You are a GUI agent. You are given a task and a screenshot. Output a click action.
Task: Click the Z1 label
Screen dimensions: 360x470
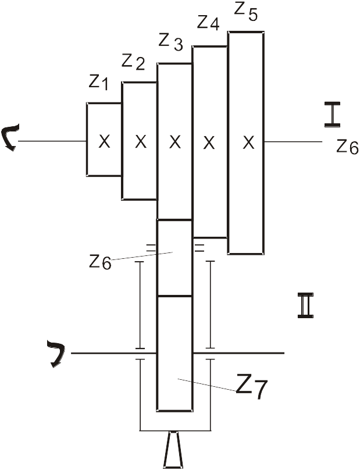[x=98, y=83]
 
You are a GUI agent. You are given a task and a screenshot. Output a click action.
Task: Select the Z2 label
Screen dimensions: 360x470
[x=133, y=62]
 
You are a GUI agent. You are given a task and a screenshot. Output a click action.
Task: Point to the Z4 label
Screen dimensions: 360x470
[x=208, y=23]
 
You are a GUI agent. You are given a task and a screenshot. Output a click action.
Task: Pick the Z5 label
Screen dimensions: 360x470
[x=245, y=12]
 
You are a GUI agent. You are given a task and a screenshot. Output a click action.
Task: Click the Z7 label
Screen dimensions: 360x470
[x=251, y=387]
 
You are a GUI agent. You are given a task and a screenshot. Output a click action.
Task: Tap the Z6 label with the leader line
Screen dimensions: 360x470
[x=100, y=262]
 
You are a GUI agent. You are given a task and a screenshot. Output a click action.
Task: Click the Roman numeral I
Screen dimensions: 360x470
[x=333, y=114]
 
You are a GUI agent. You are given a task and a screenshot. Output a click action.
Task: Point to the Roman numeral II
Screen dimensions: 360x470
[x=305, y=305]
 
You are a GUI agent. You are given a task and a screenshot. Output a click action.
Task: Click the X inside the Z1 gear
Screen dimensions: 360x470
[x=104, y=141]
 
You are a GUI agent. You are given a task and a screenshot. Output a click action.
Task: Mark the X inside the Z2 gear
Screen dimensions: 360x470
[x=141, y=141]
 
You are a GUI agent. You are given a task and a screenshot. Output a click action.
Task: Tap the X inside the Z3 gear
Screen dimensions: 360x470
[x=175, y=142]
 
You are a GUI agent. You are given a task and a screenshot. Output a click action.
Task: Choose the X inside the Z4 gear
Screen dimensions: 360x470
[x=209, y=143]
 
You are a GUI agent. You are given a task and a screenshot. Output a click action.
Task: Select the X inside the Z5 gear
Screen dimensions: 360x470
[x=248, y=143]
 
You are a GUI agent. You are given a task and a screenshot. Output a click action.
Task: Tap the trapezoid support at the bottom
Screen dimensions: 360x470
[x=174, y=450]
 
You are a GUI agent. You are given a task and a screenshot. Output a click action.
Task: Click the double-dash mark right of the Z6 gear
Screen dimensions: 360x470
[x=199, y=248]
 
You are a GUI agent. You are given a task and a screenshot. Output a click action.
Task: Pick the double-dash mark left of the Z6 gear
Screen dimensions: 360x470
[x=151, y=248]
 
